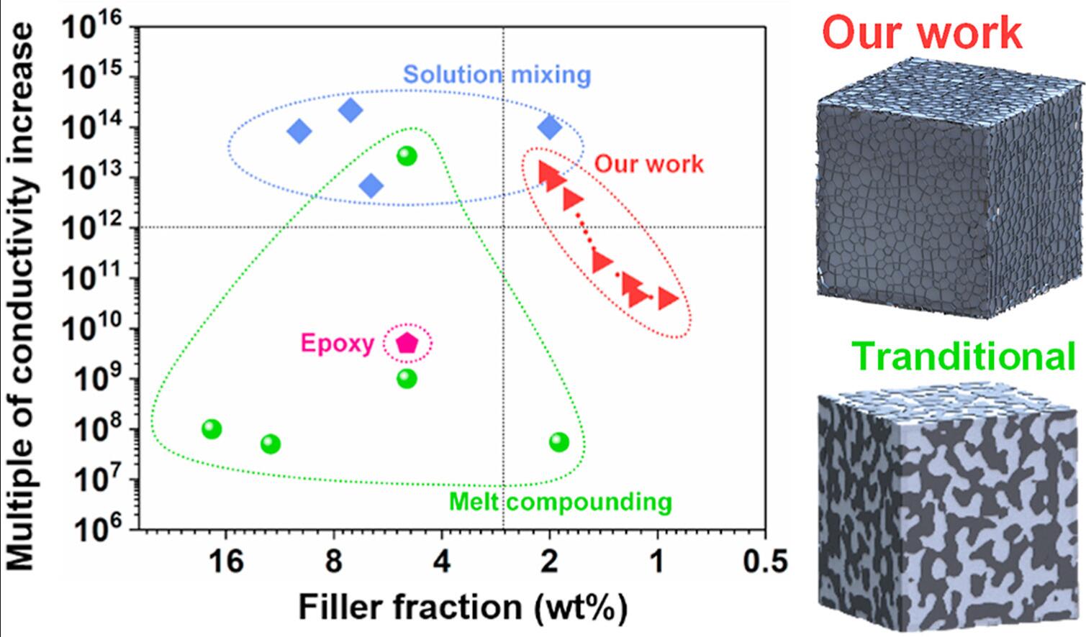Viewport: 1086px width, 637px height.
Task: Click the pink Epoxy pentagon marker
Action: click(x=407, y=343)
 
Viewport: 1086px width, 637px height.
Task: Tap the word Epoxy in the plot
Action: click(x=338, y=344)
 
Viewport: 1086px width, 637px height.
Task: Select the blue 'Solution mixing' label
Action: click(x=497, y=75)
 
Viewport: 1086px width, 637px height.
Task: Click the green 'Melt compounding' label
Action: click(x=560, y=501)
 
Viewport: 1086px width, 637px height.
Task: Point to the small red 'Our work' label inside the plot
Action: click(x=648, y=164)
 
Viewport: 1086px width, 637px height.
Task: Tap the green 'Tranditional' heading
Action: click(x=964, y=356)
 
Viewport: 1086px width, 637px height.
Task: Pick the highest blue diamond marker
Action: click(x=350, y=110)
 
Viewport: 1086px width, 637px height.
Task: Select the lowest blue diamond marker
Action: click(x=371, y=186)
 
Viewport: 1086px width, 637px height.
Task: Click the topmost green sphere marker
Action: click(x=407, y=155)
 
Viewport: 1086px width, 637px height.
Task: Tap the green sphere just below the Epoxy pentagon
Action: click(x=407, y=378)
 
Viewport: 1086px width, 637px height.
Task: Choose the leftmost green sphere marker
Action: click(x=212, y=429)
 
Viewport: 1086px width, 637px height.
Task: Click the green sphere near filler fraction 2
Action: click(x=559, y=442)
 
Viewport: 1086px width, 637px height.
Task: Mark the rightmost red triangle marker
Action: click(x=668, y=298)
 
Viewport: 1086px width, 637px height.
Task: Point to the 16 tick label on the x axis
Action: click(x=226, y=562)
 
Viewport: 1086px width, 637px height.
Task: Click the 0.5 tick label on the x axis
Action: click(x=764, y=562)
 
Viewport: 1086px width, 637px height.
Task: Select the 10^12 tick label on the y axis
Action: click(x=94, y=228)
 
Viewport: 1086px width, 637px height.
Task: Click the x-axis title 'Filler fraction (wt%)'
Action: click(x=463, y=606)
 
